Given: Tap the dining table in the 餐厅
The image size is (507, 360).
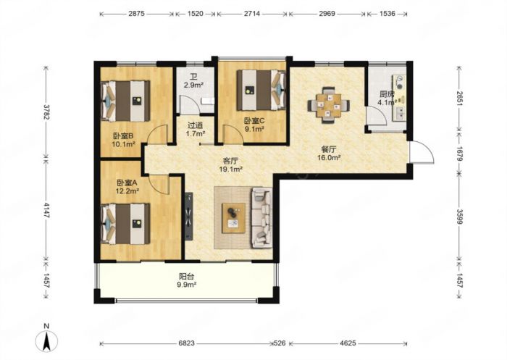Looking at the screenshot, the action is coord(329,105).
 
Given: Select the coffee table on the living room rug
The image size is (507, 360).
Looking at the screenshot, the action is coord(233,218).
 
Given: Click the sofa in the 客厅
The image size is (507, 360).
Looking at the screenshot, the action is coord(262,218).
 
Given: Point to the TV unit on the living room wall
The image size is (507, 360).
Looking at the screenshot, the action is coord(189,216).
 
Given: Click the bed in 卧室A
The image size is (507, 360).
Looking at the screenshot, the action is coord(125,224).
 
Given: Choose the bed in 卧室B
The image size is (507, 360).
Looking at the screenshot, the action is coord(125,101).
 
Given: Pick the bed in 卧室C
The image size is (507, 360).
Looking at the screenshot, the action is coord(261,90).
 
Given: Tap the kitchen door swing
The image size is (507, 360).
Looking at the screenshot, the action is coord(376,115).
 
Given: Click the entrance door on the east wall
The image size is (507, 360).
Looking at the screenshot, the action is coord(421,152).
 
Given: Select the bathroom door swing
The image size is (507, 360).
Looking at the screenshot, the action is coord(188,104).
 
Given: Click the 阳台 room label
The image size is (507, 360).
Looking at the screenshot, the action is coord(187,277).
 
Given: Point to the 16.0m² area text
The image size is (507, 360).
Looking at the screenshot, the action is coord(329,158).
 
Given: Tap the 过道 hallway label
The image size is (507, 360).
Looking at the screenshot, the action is coord(196,125).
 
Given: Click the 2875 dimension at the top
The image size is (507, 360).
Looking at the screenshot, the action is coord(136,14).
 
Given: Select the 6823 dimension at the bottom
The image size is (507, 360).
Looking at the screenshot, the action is coord(187,343).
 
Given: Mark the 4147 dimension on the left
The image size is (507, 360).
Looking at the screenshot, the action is coord(47,211).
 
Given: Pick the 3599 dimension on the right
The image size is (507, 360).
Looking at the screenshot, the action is coord(459,217).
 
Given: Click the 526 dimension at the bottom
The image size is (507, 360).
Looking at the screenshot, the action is coord(280,343).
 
